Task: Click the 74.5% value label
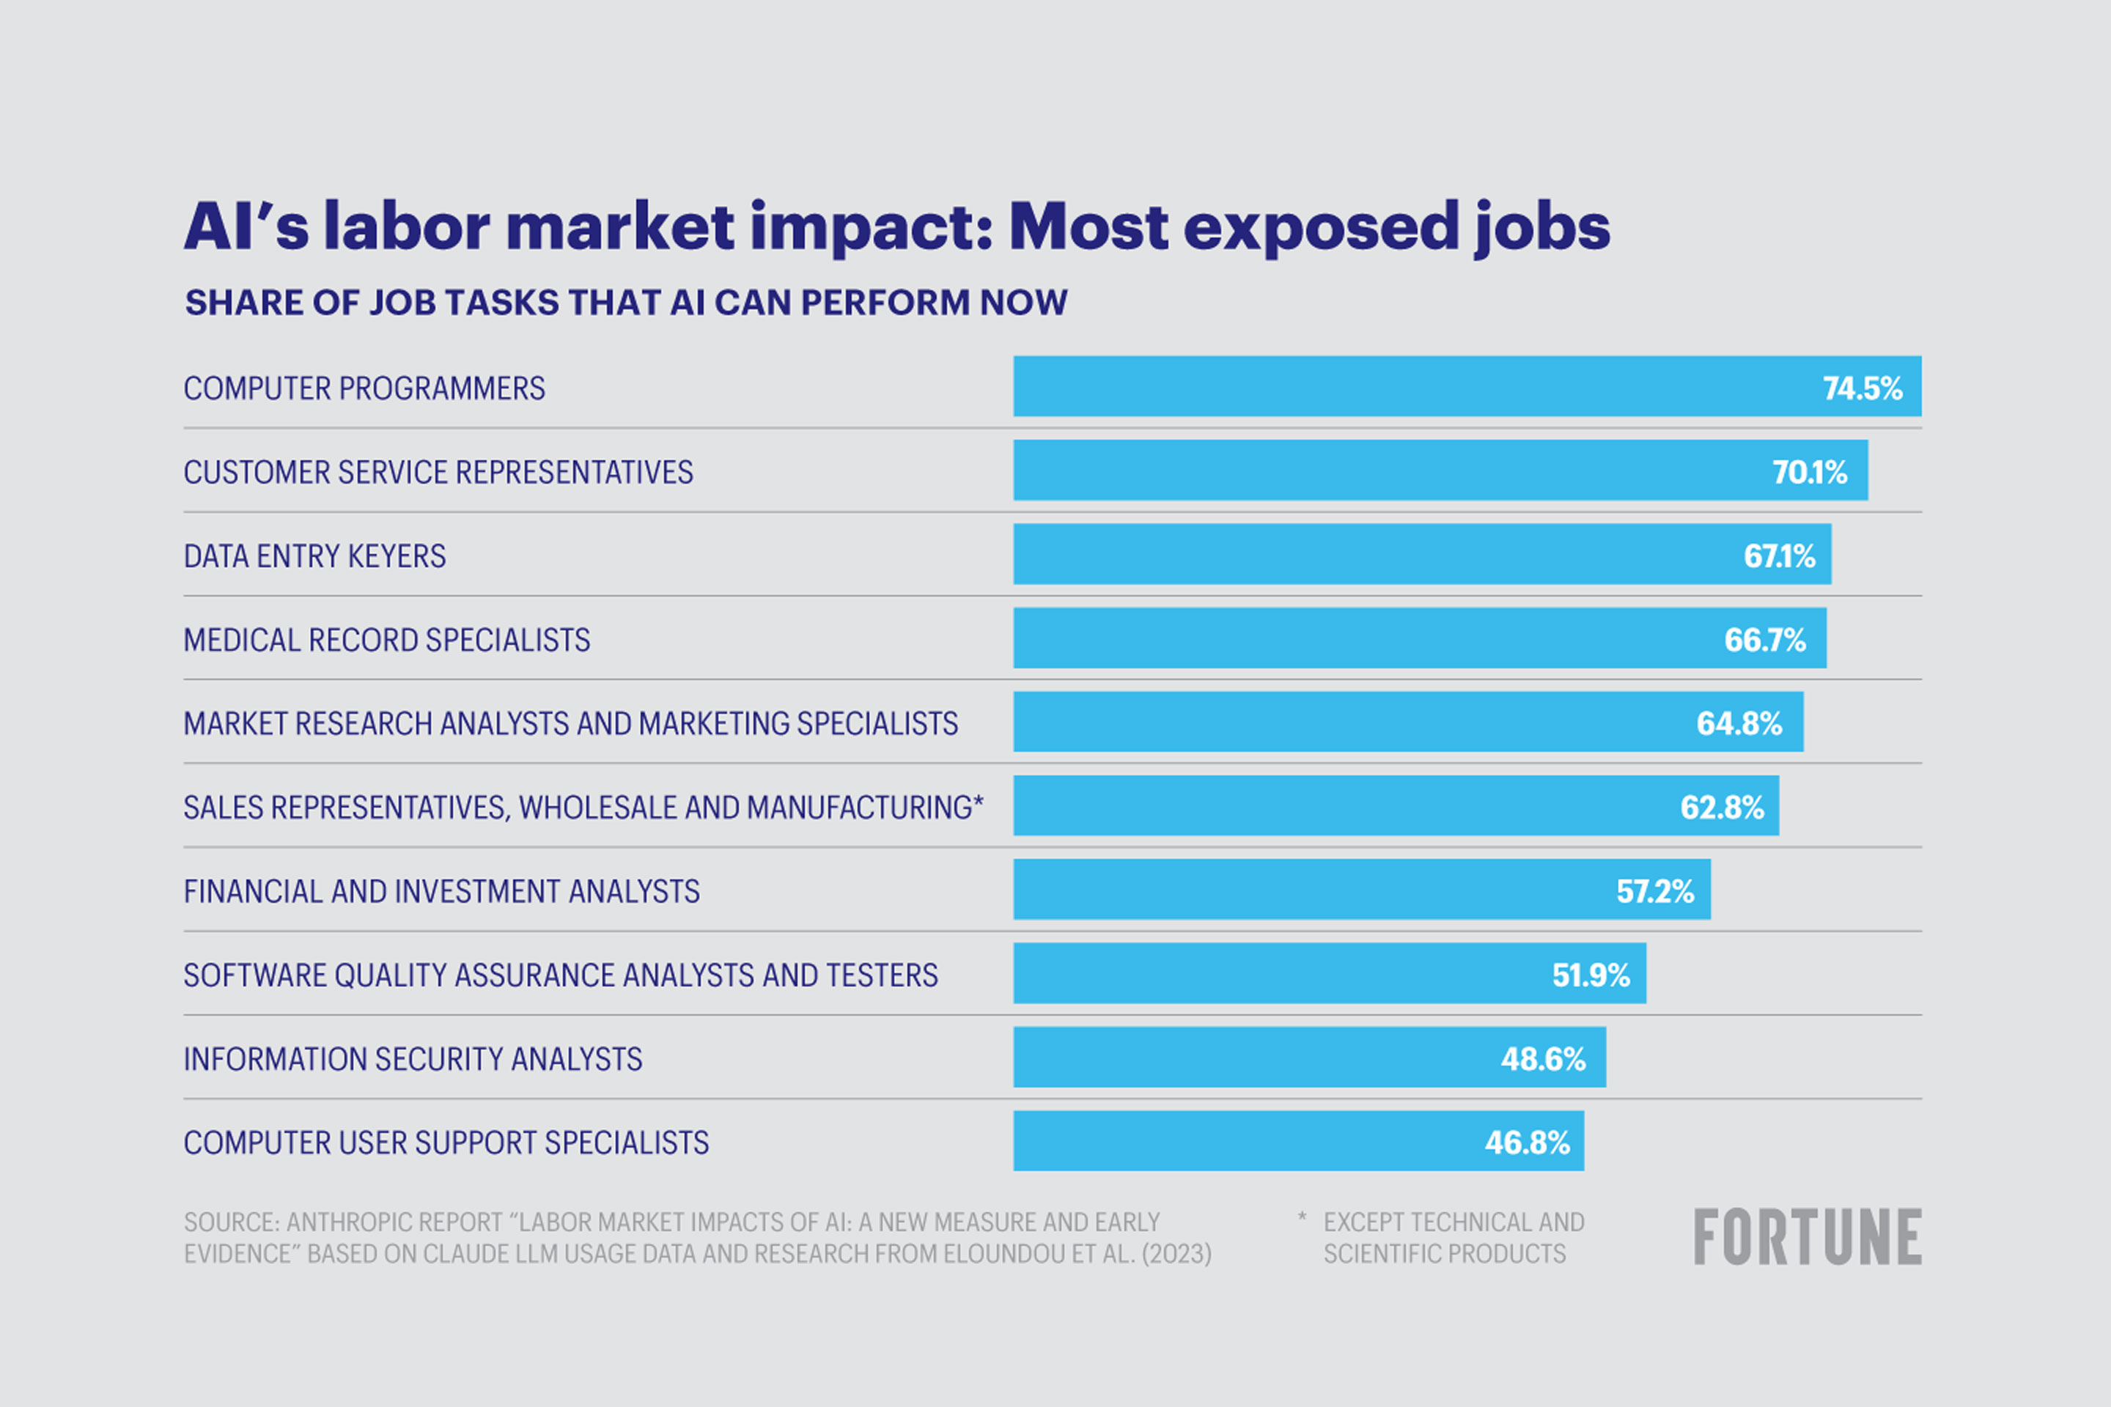(1863, 388)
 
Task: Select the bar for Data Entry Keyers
(1422, 555)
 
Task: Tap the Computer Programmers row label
(364, 388)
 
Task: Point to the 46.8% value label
(1527, 1142)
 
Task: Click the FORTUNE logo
(1807, 1236)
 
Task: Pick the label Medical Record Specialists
(386, 640)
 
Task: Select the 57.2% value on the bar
(1654, 891)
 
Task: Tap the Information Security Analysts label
(412, 1059)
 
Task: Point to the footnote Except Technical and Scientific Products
(1452, 1238)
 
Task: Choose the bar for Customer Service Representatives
(1440, 470)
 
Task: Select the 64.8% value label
(1739, 723)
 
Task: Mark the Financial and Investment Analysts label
(441, 891)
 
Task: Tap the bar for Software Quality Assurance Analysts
(1328, 974)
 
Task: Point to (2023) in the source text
(1176, 1254)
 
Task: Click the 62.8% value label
(1722, 808)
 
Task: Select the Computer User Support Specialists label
(445, 1142)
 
